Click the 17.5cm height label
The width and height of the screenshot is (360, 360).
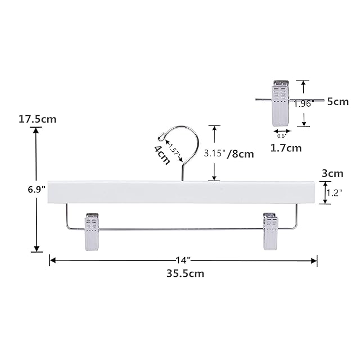click(38, 119)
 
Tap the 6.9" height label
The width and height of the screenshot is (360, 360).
click(37, 190)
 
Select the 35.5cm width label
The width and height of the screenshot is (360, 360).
click(185, 273)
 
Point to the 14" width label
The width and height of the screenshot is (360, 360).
click(183, 260)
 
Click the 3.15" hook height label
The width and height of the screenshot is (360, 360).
click(215, 153)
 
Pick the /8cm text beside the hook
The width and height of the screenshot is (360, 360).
click(241, 154)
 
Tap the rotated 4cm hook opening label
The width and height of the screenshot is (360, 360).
click(162, 155)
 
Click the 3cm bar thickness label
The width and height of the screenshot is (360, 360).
click(332, 173)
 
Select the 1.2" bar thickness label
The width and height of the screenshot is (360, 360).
click(334, 193)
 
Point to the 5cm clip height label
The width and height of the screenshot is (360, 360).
click(338, 101)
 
